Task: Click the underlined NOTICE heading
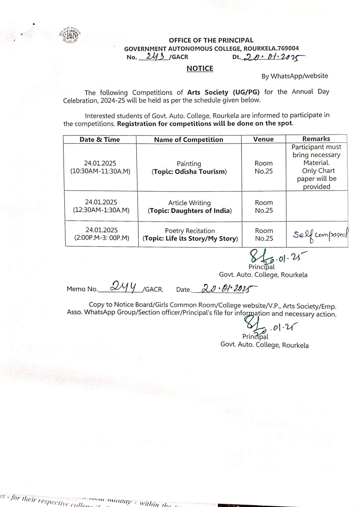click(200, 68)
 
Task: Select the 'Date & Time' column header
click(100, 139)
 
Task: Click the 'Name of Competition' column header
click(189, 139)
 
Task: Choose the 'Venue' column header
click(263, 139)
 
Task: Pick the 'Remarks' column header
click(316, 139)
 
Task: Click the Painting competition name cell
click(189, 168)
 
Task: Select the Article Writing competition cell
click(190, 207)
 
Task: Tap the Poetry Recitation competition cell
click(190, 234)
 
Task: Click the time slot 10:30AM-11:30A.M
click(100, 171)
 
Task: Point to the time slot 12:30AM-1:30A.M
click(101, 210)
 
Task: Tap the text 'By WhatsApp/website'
click(295, 76)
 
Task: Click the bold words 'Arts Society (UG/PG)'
click(223, 92)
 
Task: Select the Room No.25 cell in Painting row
click(264, 167)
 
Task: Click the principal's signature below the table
click(262, 256)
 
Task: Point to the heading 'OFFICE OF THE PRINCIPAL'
click(211, 40)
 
